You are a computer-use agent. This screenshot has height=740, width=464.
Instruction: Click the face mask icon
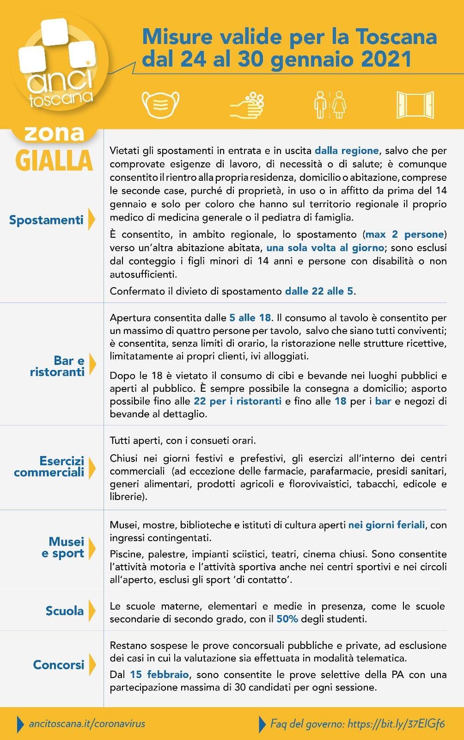(160, 105)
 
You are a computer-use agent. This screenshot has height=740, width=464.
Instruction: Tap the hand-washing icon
(247, 105)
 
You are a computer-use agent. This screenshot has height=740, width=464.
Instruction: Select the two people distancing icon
(330, 105)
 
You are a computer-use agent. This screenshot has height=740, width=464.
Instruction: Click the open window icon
(415, 105)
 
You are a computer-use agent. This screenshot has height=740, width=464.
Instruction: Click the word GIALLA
(54, 160)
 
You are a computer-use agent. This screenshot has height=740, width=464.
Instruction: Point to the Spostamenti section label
(46, 220)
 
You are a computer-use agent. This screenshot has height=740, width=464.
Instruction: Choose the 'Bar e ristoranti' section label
(57, 366)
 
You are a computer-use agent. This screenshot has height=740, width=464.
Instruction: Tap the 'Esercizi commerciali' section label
(49, 467)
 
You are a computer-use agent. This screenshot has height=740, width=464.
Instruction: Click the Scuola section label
(65, 611)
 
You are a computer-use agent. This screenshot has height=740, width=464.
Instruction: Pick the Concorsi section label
(59, 665)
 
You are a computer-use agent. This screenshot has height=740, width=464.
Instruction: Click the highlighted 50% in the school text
(287, 619)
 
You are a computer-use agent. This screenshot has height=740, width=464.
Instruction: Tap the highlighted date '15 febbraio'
(159, 674)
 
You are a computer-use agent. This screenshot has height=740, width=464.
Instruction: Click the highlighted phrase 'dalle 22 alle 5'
(319, 291)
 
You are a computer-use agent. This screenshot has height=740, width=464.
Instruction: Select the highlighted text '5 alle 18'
(250, 318)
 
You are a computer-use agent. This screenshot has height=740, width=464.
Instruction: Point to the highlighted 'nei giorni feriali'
(386, 525)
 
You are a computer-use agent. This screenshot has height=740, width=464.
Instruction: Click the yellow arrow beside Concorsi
(92, 665)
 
